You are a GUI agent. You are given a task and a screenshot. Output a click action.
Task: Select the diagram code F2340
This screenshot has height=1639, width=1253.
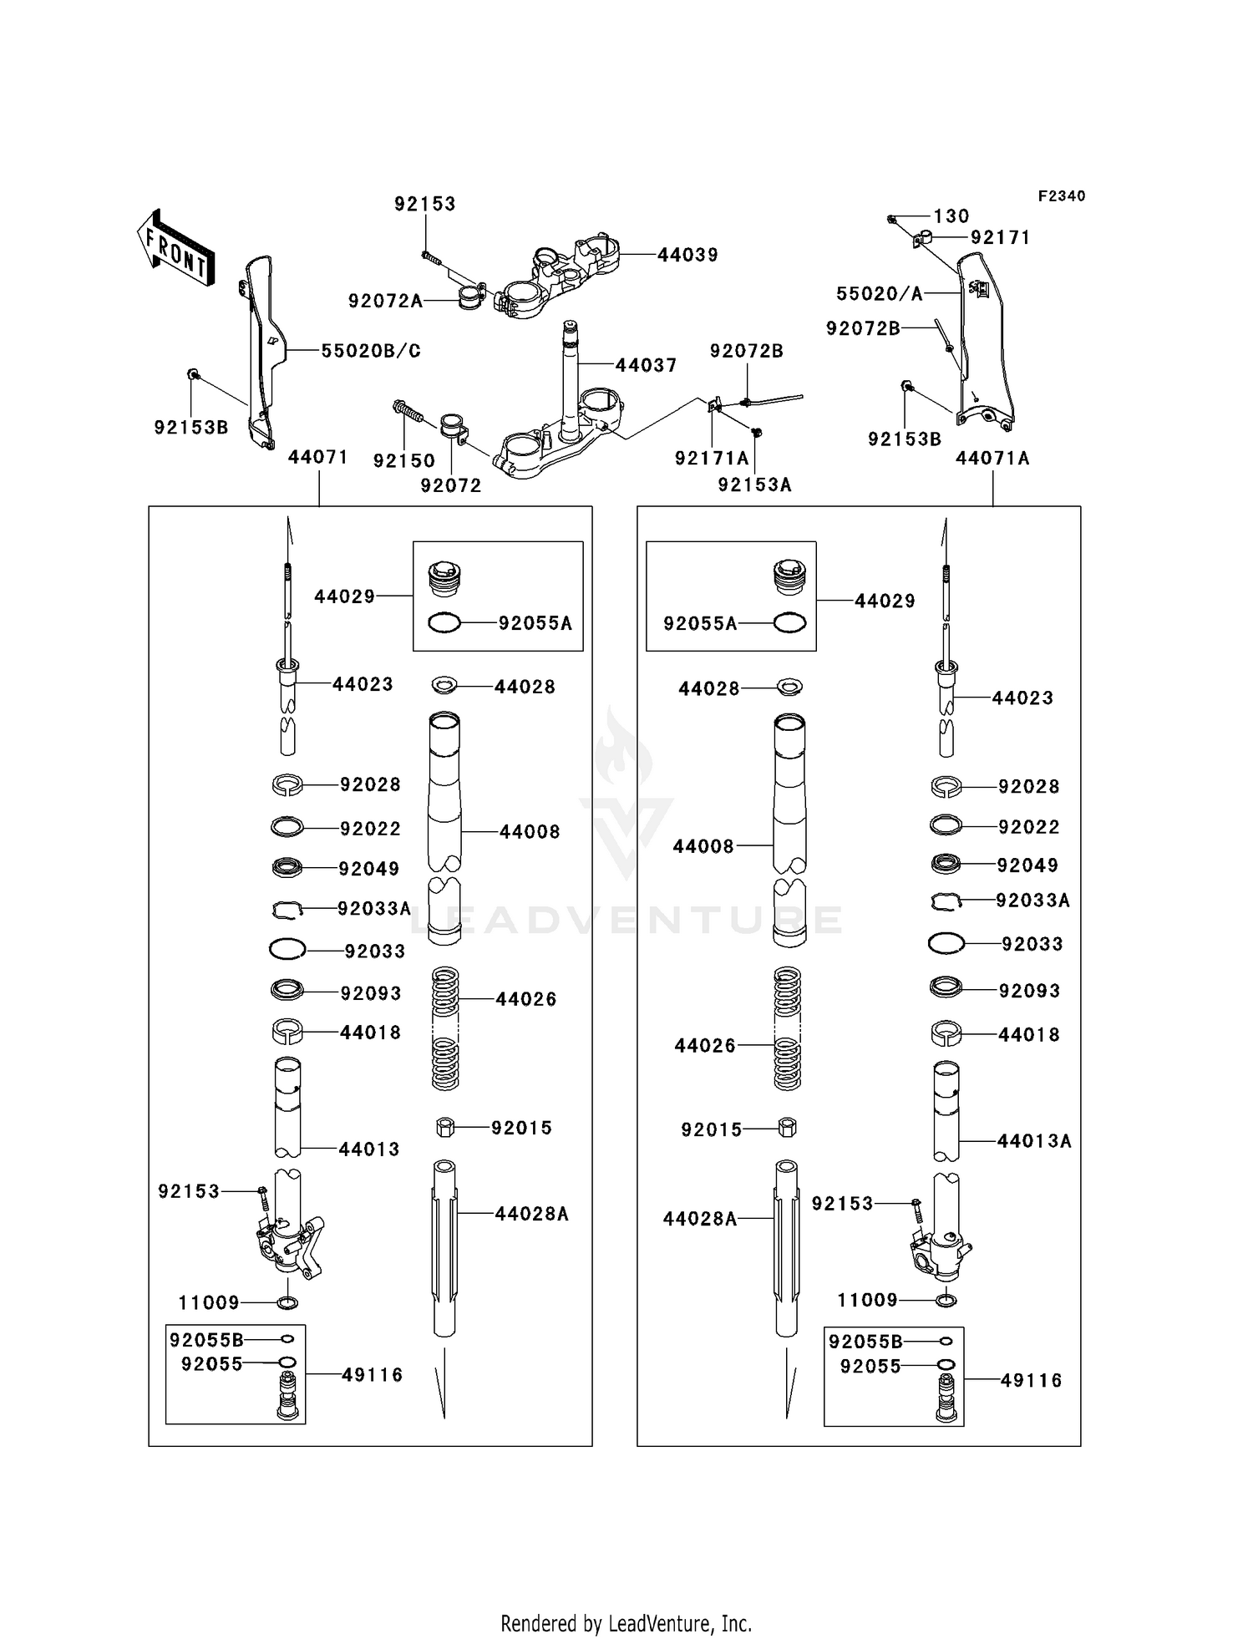pyautogui.click(x=1061, y=196)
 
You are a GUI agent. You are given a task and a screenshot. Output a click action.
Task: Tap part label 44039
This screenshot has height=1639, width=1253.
pyautogui.click(x=687, y=255)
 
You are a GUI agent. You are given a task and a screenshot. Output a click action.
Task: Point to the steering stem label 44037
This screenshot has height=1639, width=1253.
pyautogui.click(x=646, y=365)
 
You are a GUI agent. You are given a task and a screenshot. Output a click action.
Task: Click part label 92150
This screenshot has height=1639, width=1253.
pyautogui.click(x=403, y=460)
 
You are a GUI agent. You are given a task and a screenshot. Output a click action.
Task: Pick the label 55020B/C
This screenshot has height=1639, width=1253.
pyautogui.click(x=371, y=351)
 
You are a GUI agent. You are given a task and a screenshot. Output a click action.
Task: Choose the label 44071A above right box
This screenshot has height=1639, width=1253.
pyautogui.click(x=992, y=458)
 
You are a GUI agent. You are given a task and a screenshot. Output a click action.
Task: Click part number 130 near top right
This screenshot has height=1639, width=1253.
pyautogui.click(x=951, y=216)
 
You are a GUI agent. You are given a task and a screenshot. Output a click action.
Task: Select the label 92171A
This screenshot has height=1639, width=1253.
pyautogui.click(x=712, y=458)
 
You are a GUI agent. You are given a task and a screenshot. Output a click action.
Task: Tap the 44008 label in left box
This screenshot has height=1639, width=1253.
pyautogui.click(x=530, y=831)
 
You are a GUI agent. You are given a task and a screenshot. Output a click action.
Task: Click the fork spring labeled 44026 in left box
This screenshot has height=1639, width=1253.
pyautogui.click(x=445, y=1028)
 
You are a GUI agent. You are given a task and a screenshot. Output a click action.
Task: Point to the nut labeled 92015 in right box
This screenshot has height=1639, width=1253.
pyautogui.click(x=786, y=1128)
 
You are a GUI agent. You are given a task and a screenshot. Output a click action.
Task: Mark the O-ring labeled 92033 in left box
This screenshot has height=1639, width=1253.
pyautogui.click(x=287, y=950)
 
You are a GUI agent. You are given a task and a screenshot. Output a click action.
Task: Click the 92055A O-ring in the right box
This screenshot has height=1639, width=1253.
pyautogui.click(x=789, y=622)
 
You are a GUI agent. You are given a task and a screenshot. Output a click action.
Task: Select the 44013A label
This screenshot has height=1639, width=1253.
pyautogui.click(x=1034, y=1140)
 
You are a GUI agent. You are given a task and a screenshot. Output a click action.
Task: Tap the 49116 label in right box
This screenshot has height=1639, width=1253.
pyautogui.click(x=1031, y=1381)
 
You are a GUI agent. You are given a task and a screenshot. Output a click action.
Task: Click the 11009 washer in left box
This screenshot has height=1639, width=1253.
pyautogui.click(x=287, y=1302)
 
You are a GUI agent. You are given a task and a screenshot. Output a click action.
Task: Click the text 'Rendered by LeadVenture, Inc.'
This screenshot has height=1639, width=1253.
pyautogui.click(x=626, y=1623)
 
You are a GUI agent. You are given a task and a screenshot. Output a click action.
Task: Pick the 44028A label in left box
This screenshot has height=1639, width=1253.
pyautogui.click(x=531, y=1214)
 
